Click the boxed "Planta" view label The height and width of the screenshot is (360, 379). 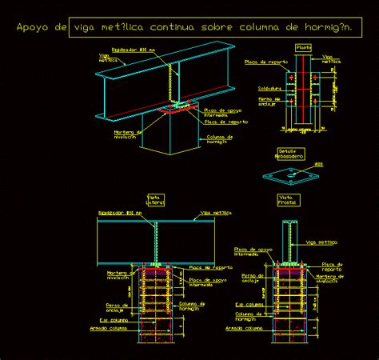point(304,47)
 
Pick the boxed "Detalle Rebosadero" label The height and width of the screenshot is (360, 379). point(289,154)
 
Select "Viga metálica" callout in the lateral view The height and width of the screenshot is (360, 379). point(217,213)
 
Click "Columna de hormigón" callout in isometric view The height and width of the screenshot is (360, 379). point(219,139)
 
